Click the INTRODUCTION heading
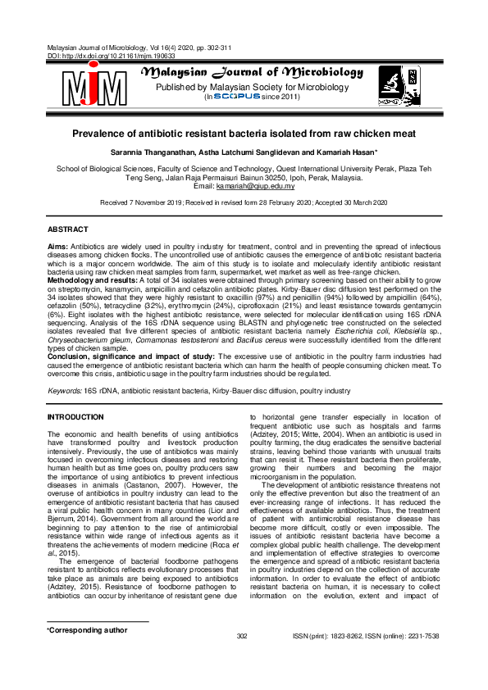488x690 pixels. pyautogui.click(x=76, y=417)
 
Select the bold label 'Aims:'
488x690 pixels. pyautogui.click(x=57, y=246)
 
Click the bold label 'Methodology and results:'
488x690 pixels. pyautogui.click(x=91, y=280)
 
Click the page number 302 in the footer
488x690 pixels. pyautogui.click(x=242, y=659)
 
